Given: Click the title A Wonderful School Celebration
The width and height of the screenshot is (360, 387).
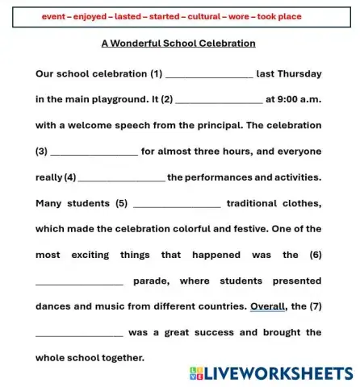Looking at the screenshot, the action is point(178,44).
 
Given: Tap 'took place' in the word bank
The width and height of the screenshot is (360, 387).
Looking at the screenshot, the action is point(275,16).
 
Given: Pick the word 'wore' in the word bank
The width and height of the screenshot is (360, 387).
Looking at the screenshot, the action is point(235,16).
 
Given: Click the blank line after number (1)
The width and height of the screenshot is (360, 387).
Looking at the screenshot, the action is point(209,75).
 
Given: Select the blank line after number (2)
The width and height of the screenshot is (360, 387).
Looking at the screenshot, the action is point(219,101).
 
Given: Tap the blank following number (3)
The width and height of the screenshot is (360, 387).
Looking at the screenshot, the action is point(94,152).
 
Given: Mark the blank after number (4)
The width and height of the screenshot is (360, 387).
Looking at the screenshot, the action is point(122,178).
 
